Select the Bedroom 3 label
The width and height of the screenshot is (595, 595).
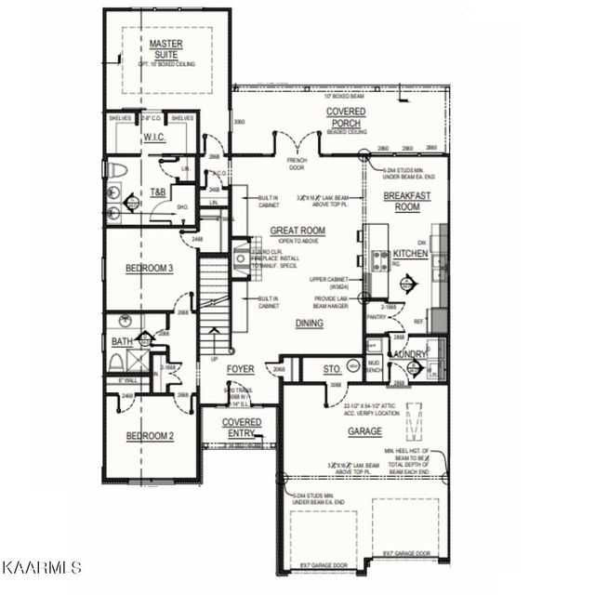(x=150, y=269)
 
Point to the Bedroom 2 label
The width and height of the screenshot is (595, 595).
(x=150, y=436)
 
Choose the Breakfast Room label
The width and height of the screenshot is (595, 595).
(x=402, y=200)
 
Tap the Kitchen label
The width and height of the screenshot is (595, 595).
(x=410, y=254)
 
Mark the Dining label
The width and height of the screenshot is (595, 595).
(x=310, y=324)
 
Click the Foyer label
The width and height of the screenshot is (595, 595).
(x=241, y=370)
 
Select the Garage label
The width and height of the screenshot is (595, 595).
(x=365, y=431)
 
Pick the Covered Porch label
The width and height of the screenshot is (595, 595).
(x=345, y=117)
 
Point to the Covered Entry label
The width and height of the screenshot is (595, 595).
(x=241, y=428)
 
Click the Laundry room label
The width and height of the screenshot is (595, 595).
(x=410, y=354)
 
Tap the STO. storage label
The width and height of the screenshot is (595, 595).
(x=333, y=370)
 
